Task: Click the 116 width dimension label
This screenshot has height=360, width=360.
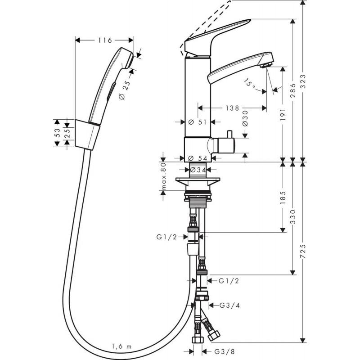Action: [x=105, y=40]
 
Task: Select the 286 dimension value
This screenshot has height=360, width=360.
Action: [x=293, y=90]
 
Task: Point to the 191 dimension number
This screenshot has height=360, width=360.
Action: [x=283, y=115]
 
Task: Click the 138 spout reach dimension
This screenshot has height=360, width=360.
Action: [x=232, y=108]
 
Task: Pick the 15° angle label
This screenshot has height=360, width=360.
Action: [x=250, y=84]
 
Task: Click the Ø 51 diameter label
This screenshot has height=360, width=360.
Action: [x=198, y=122]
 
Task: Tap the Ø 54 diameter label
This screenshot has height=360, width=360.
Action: [x=198, y=158]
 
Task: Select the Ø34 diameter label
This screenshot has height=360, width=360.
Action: [x=198, y=170]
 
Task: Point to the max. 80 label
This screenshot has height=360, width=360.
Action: [x=163, y=176]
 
